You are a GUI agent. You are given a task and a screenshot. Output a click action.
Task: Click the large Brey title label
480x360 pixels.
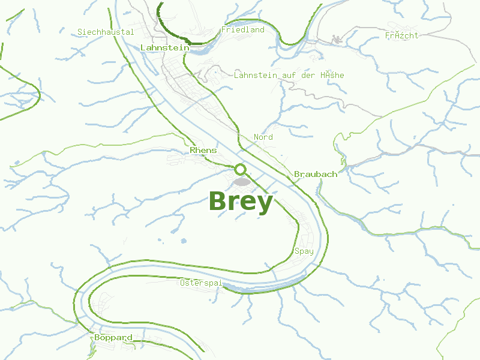241,202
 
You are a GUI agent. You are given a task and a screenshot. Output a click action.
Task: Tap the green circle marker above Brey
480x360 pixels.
241,170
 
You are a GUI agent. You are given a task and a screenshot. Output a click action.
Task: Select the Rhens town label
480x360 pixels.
203,150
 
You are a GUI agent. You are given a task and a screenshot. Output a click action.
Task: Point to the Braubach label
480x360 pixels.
316,174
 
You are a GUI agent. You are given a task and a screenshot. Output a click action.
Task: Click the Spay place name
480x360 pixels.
304,251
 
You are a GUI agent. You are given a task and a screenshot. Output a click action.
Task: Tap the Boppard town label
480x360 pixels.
113,338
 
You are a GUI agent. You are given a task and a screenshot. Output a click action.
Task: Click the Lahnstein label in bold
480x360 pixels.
164,47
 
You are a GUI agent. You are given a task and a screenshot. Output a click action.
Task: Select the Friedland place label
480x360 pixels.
242,29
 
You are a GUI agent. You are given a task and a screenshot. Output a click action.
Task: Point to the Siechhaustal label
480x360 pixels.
106,32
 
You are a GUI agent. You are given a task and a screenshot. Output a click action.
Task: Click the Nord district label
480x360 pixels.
263,137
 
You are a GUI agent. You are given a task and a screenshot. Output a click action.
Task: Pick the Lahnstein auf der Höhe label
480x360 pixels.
289,75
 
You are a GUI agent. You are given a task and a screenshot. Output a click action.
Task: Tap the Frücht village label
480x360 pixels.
401,35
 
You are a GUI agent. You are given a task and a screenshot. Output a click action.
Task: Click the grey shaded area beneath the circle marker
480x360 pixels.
241,181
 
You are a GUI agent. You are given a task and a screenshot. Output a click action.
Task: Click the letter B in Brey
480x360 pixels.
218,202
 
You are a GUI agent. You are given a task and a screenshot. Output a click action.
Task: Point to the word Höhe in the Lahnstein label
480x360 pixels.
332,75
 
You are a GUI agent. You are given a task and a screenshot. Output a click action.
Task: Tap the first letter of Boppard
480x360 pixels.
97,338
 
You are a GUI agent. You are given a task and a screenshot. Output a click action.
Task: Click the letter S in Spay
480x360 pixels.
297,251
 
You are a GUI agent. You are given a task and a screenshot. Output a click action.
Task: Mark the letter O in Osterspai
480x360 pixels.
183,282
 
